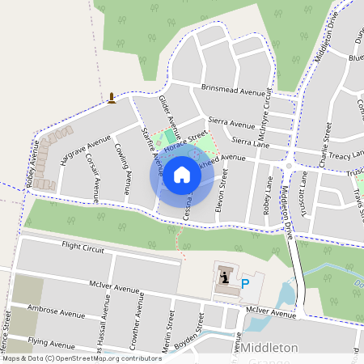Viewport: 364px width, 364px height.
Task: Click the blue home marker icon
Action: [x=182, y=174]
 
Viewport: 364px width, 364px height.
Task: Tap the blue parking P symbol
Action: [x=245, y=284]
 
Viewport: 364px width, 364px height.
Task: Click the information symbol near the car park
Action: [x=223, y=277]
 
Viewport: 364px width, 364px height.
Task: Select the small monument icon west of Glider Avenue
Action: [x=112, y=99]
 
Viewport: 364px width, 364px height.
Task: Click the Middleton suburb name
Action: [x=270, y=347]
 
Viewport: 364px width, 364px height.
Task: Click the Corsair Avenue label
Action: [x=91, y=178]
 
